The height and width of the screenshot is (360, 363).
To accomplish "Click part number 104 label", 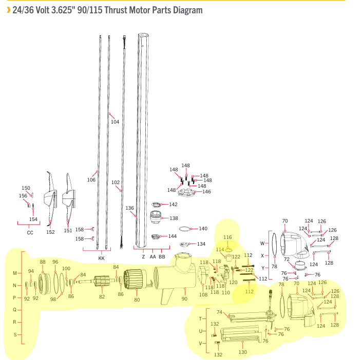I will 115,122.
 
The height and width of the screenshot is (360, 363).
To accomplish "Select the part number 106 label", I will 91,179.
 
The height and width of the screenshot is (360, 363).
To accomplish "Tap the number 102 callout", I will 116,183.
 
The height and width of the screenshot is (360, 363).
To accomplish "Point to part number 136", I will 130,208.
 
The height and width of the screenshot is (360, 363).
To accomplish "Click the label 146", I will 206,192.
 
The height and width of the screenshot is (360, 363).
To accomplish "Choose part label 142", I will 174,205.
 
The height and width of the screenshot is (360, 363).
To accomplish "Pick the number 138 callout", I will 174,218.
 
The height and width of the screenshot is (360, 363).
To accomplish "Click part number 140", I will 203,229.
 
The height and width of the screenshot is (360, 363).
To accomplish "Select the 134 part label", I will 201,244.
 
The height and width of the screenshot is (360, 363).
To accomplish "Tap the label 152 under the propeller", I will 50,232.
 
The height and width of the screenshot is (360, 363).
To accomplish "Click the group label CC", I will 30,233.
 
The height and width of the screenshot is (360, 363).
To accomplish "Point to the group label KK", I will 101,258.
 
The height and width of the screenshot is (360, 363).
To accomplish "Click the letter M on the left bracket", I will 15,273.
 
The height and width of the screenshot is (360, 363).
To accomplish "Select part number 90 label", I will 185,298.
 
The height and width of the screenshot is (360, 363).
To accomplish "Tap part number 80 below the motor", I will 137,300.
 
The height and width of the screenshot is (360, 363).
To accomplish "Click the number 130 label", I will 243,352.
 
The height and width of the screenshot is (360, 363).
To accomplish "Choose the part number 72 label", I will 286,259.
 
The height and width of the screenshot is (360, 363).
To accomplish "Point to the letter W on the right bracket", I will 262,243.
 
